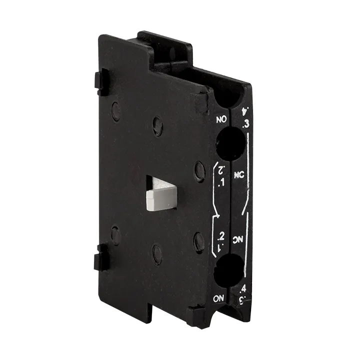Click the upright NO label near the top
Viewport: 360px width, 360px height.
(x=220, y=119)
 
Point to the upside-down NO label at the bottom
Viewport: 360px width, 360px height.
(x=219, y=298)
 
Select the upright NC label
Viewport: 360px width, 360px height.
(x=238, y=175)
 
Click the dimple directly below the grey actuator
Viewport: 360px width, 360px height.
(x=157, y=254)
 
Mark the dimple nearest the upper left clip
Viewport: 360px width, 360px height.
(x=116, y=111)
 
